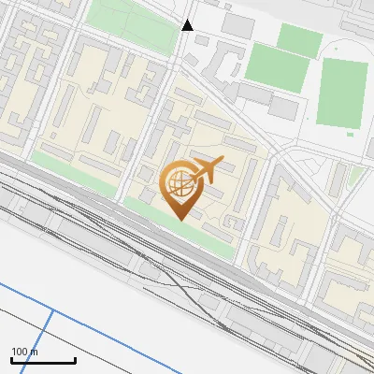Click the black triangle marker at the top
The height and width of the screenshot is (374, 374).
click(188, 25)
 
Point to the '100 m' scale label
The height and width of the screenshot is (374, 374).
click(25, 352)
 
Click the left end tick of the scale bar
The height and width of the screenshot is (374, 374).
click(11, 359)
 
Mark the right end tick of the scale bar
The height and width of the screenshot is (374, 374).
click(75, 359)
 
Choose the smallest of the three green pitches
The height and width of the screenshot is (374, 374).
click(299, 39)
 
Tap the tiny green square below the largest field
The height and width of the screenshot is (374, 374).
click(351, 134)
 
